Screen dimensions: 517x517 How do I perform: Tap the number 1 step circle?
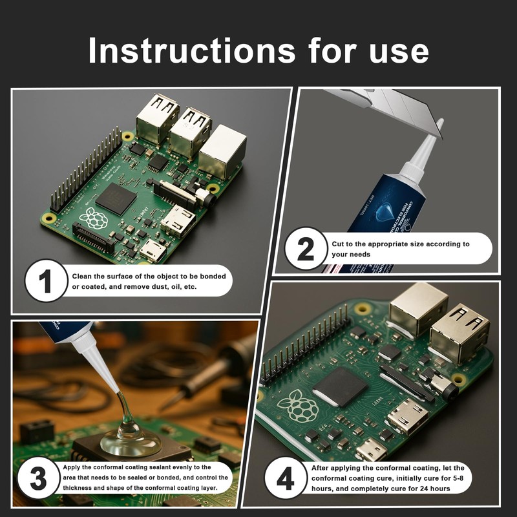pos(46,281)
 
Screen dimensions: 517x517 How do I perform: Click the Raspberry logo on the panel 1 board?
pos(93,218)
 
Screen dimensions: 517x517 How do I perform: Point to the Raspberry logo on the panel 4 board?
pos(297,405)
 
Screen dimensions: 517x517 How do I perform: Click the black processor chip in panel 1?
pos(115,198)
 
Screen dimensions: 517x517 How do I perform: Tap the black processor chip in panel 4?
pos(340,386)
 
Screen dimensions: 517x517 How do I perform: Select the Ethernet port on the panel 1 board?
pos(222,152)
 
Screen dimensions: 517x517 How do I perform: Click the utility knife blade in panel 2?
pos(388,107)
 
